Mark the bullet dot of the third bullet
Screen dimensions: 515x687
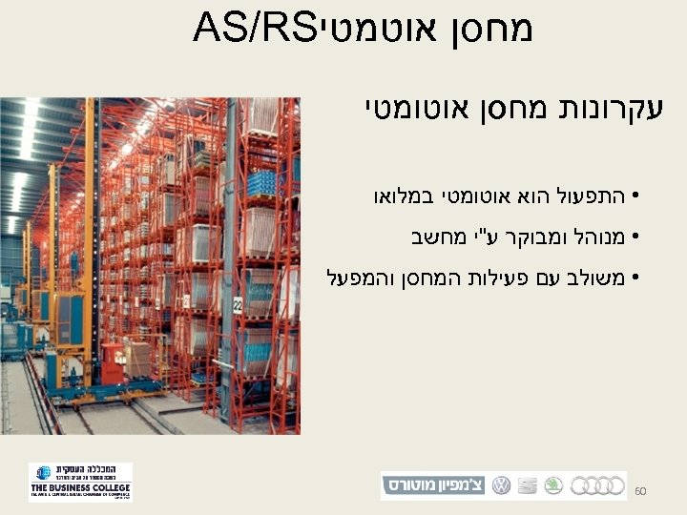635,278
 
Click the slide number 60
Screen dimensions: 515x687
640,490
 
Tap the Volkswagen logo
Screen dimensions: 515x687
501,485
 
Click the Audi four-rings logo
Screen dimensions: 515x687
597,485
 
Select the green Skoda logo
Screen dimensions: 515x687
552,485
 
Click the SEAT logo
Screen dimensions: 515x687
527,485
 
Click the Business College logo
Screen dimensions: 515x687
80,483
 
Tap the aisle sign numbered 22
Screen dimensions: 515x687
239,305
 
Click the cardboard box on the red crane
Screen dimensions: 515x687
139,359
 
